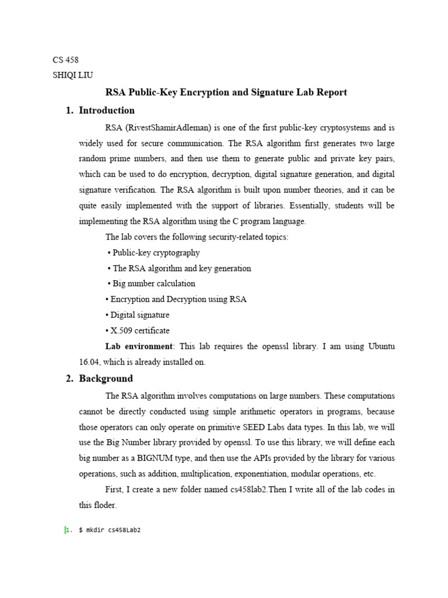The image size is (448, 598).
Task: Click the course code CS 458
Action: (65, 60)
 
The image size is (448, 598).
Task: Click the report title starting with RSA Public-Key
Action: (226, 92)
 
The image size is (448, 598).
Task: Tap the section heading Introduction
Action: (106, 110)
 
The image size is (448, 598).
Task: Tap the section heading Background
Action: (106, 378)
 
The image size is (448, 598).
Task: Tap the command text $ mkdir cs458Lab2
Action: (110, 530)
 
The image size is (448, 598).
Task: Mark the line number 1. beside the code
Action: (69, 530)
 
